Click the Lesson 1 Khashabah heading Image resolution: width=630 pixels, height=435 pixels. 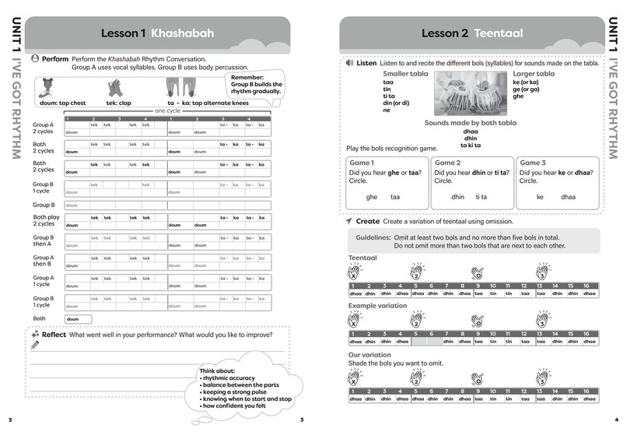(x=157, y=33)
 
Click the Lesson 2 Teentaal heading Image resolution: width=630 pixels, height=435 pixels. (x=471, y=33)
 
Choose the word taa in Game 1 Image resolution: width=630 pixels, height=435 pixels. (x=395, y=198)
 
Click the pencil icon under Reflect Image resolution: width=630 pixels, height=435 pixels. (x=35, y=345)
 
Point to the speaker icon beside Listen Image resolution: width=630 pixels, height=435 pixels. (x=350, y=63)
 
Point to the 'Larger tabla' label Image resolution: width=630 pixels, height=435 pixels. (x=534, y=73)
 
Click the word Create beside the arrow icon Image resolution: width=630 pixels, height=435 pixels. (x=368, y=222)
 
